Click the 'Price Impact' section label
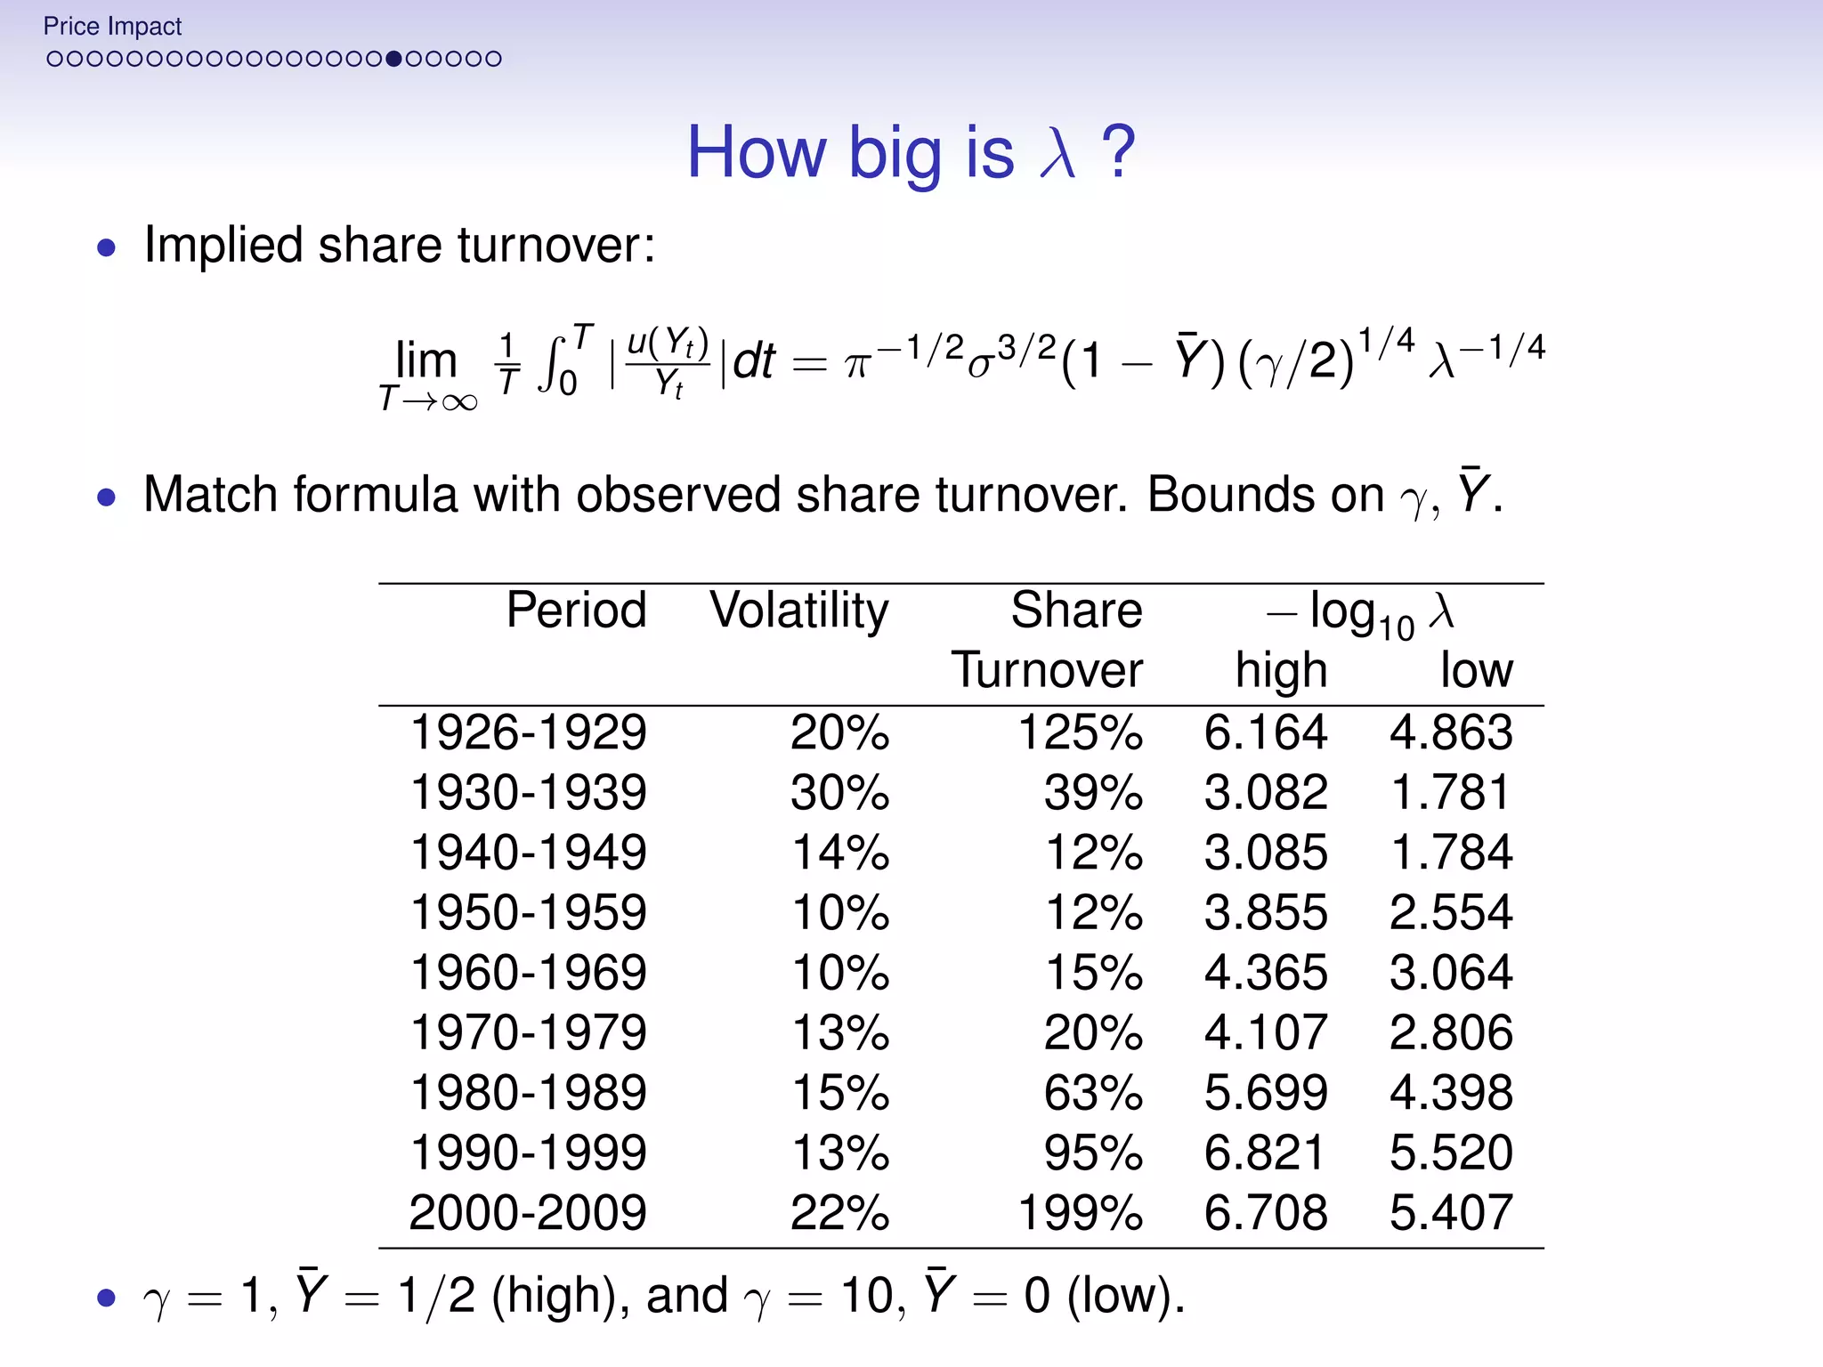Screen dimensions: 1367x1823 (x=112, y=27)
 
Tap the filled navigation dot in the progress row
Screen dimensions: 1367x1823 (x=393, y=59)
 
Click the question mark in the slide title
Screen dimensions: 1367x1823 (x=1118, y=152)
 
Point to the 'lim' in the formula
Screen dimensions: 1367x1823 (x=426, y=360)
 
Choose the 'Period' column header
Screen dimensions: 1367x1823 (x=576, y=611)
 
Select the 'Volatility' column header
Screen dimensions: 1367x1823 (x=798, y=611)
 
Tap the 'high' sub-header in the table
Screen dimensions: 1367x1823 (x=1281, y=670)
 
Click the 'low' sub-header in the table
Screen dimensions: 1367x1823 (x=1476, y=670)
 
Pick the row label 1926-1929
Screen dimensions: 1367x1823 (x=528, y=732)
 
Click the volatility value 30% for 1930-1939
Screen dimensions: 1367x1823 (x=839, y=792)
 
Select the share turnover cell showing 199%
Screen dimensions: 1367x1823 (x=1079, y=1212)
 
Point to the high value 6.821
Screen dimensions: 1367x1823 (x=1265, y=1153)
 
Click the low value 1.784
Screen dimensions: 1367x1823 (x=1451, y=852)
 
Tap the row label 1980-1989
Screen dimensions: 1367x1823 (x=528, y=1092)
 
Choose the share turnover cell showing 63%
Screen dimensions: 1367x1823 (x=1092, y=1092)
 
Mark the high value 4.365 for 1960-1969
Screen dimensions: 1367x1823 (x=1265, y=972)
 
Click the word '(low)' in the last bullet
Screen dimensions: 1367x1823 (x=1125, y=1296)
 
